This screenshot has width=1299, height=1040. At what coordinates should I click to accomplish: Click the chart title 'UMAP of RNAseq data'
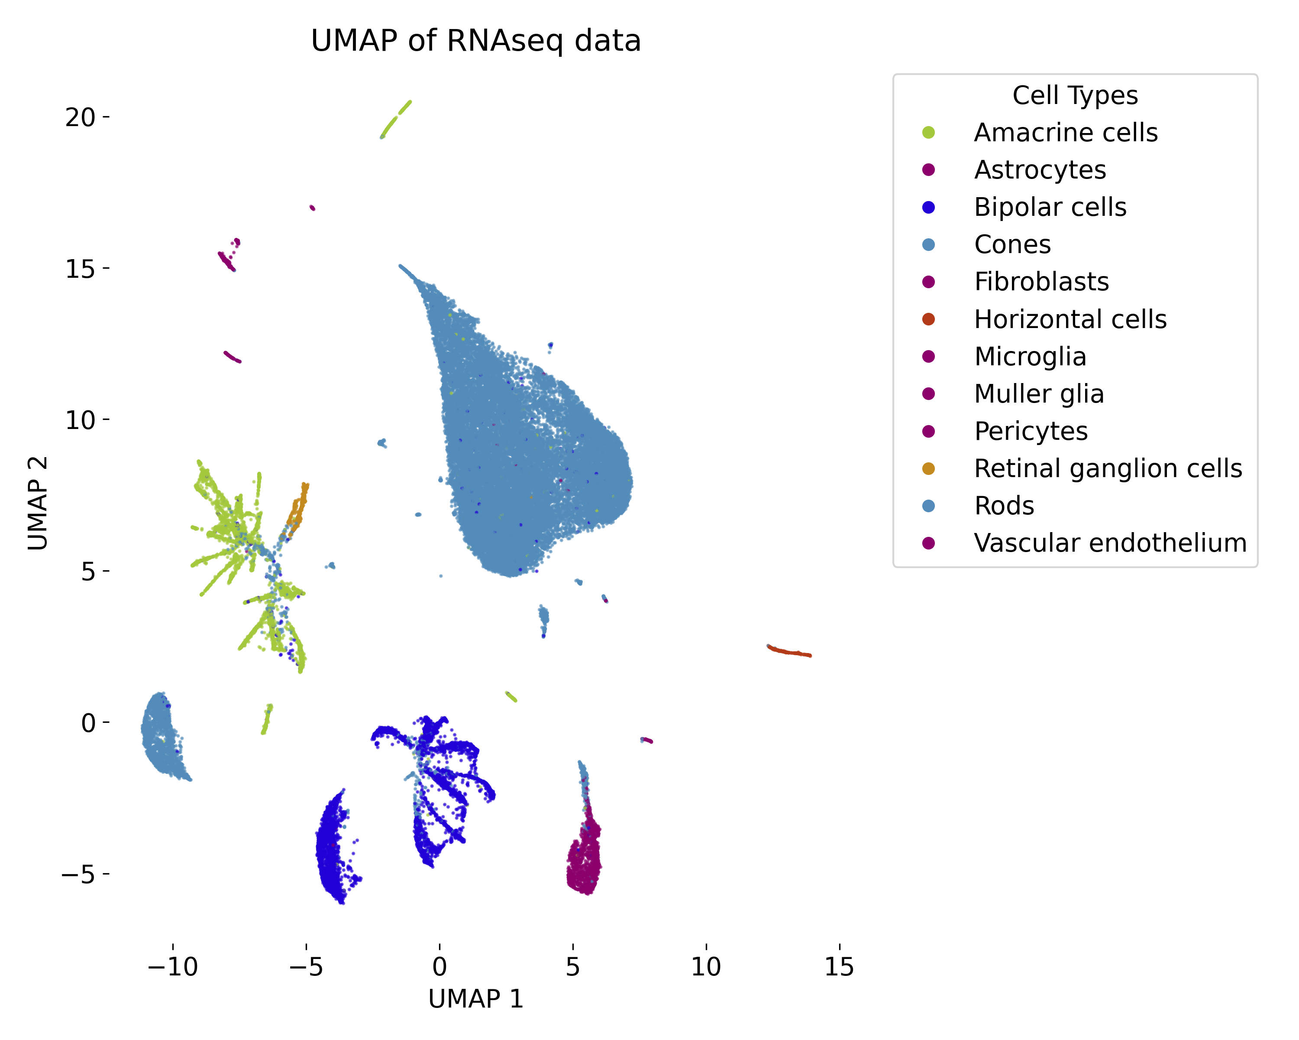[x=475, y=41]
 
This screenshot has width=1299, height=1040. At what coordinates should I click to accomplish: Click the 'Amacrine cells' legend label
[x=1065, y=133]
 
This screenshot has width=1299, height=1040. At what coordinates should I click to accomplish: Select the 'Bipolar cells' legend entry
[x=1050, y=208]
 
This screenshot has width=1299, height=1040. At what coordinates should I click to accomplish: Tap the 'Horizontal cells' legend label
[x=1070, y=319]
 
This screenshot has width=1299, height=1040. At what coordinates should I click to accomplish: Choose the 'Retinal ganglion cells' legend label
[x=1108, y=468]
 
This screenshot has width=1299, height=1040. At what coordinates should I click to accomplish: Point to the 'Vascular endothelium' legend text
[x=1110, y=543]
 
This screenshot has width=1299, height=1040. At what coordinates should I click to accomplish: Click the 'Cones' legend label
[x=1012, y=245]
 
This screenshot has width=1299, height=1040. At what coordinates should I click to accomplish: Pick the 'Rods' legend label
[x=1004, y=506]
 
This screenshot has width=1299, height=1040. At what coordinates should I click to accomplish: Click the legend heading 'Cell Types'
[x=1075, y=95]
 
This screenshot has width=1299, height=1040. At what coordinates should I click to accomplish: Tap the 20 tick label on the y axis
[x=80, y=117]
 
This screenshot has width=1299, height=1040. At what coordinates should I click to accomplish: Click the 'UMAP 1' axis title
[x=475, y=999]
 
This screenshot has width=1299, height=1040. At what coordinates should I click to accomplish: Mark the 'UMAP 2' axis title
[x=37, y=504]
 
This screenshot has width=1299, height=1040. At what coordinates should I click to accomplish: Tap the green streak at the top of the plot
[x=396, y=119]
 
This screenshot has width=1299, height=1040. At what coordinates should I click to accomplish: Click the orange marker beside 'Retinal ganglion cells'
[x=928, y=468]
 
